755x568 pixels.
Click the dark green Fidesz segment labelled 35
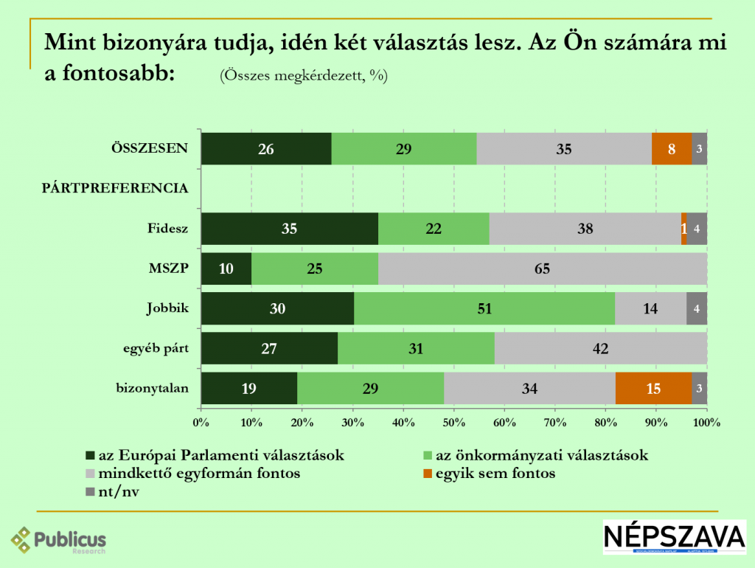click(x=289, y=229)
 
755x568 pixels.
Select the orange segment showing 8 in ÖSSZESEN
click(x=672, y=149)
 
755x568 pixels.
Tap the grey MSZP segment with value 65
click(x=543, y=269)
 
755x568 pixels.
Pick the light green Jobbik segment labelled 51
click(x=484, y=308)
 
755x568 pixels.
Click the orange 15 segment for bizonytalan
click(x=653, y=388)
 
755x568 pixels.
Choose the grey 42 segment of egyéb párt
click(x=600, y=348)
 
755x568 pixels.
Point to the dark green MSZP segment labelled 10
click(x=226, y=269)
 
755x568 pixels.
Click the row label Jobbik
click(x=167, y=308)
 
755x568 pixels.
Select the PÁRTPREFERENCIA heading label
click(x=114, y=188)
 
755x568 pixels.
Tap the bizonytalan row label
click(x=153, y=388)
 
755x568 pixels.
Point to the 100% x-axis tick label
click(x=706, y=423)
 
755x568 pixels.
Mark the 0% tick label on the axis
click(x=201, y=423)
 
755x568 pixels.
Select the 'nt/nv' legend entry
click(x=118, y=492)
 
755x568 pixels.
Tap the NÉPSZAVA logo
click(x=674, y=536)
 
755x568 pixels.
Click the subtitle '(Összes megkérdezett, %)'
click(x=303, y=75)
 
